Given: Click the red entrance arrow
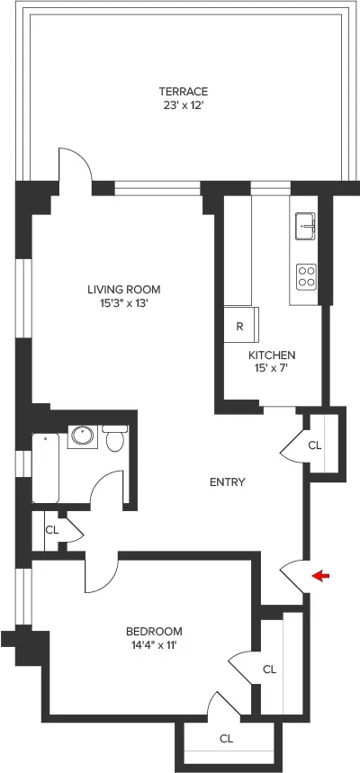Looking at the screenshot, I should click(320, 576).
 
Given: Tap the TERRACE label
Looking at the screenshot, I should click(184, 91).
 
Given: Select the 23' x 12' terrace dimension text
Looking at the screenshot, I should click(184, 104).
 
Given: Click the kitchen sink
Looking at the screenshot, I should click(305, 225).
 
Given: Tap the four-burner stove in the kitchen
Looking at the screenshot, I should click(306, 275).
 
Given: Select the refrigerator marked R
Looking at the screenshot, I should click(240, 326).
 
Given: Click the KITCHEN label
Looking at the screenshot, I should click(272, 355).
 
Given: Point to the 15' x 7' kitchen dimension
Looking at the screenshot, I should click(272, 369).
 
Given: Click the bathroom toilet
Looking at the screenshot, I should click(114, 439).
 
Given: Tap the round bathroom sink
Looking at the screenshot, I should click(83, 436).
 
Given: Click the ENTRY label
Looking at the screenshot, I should click(227, 482).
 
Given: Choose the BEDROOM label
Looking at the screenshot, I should click(154, 631).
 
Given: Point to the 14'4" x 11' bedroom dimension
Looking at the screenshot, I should click(154, 644).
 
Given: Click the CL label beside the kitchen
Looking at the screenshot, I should click(314, 445).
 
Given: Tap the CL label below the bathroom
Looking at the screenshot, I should click(52, 529).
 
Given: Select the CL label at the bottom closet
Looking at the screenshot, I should click(226, 739).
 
